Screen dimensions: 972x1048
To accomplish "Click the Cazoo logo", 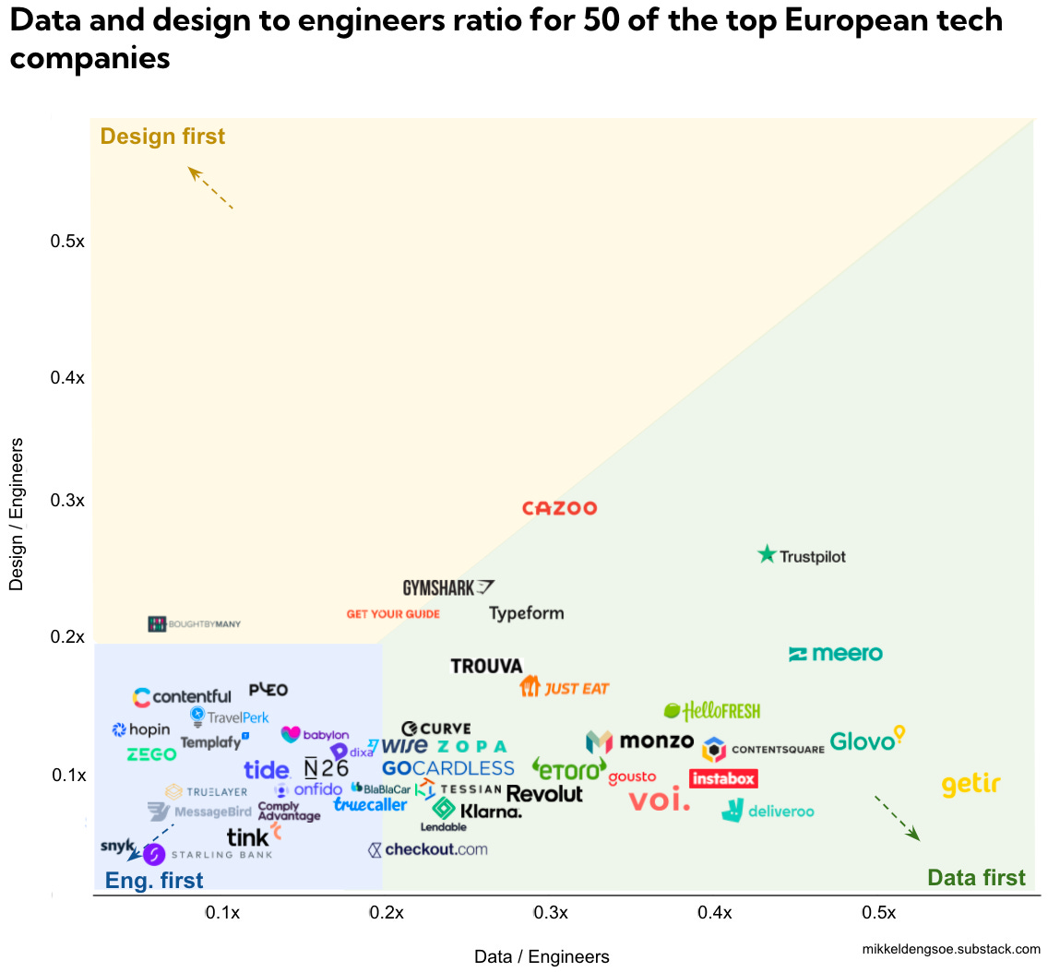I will pos(559,508).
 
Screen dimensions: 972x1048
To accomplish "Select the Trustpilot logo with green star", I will pos(801,555).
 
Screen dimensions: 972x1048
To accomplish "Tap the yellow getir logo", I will pos(971,785).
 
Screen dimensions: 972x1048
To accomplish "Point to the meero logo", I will pos(836,654).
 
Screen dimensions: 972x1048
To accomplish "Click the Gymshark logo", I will pos(448,587).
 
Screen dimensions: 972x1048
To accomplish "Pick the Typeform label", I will pos(526,613).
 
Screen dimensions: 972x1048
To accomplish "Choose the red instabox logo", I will pos(723,779).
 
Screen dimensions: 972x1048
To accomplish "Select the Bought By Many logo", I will pos(195,624).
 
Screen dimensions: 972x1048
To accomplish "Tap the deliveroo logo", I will pos(768,811).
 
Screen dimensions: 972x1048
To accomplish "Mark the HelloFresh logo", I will pos(712,711).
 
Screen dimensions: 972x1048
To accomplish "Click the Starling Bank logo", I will pos(208,855).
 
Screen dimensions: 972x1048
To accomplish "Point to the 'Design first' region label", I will pos(162,136).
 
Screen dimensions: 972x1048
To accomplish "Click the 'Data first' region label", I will pos(976,877).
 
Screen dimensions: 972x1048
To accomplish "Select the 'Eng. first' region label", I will pos(154,881).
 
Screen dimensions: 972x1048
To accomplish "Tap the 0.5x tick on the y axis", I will pos(67,242).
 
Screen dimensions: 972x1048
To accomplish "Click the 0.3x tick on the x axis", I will pos(551,913).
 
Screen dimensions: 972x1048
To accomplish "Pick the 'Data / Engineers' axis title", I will pos(542,956).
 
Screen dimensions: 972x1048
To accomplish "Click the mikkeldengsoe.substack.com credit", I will pos(950,949).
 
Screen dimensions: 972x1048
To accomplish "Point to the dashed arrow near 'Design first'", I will pos(210,188).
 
